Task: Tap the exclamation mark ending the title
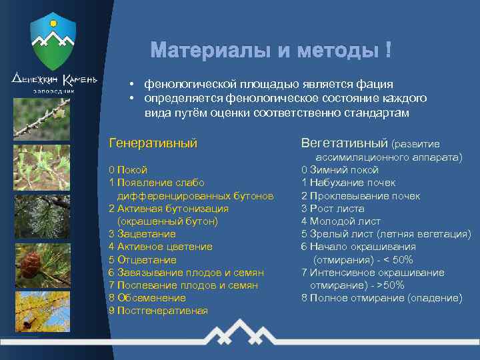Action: [x=388, y=51]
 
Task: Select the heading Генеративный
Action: [x=153, y=143]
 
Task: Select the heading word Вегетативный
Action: [x=344, y=143]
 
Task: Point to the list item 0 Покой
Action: [x=128, y=170]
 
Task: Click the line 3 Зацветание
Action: [x=142, y=234]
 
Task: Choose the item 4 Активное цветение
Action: [x=160, y=247]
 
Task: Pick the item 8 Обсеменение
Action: [x=147, y=298]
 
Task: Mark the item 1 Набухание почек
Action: [x=348, y=183]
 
